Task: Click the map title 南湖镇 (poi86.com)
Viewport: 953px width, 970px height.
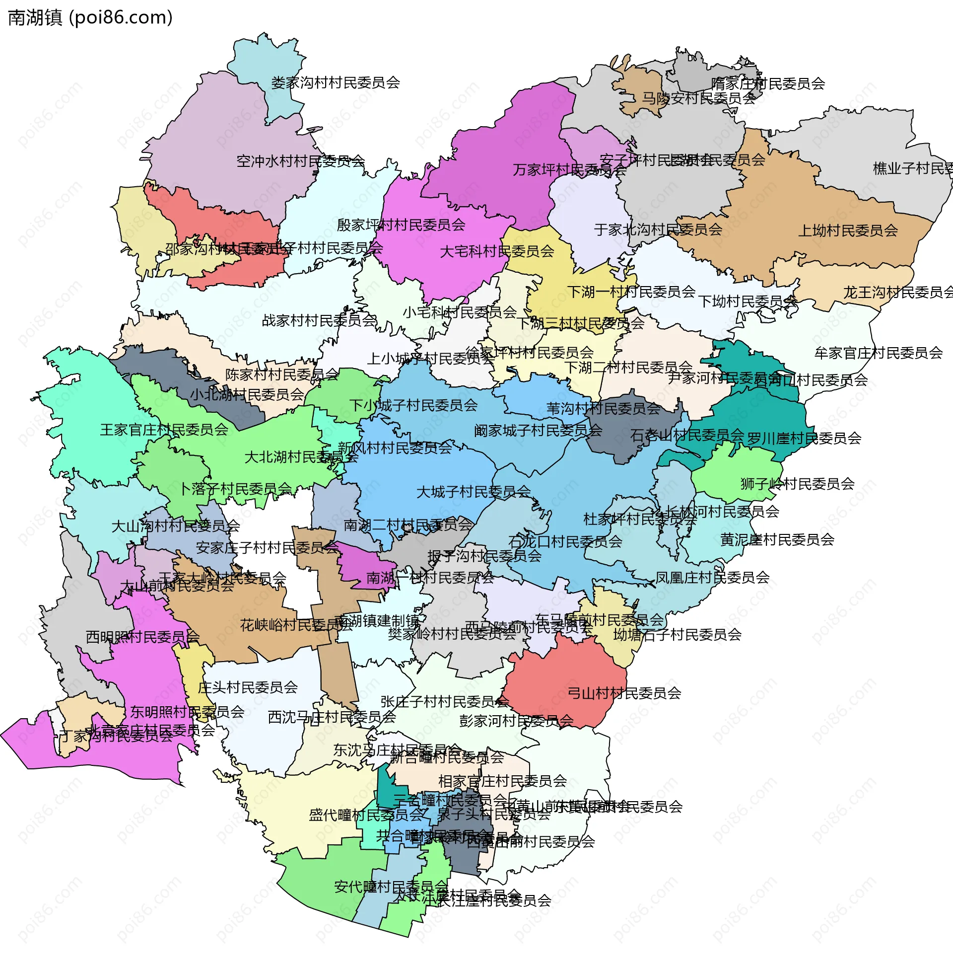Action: click(91, 17)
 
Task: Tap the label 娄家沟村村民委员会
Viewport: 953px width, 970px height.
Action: click(336, 82)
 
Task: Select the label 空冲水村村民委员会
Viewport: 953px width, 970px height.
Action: click(300, 161)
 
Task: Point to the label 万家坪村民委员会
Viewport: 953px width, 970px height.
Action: click(569, 170)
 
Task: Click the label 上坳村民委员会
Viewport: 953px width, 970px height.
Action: click(847, 231)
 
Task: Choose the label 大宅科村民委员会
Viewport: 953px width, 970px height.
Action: click(496, 251)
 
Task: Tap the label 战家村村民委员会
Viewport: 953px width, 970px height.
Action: click(319, 320)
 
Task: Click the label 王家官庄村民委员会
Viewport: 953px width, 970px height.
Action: click(164, 430)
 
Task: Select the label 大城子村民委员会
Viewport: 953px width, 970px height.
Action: click(473, 492)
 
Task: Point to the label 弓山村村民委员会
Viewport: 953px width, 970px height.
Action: click(623, 693)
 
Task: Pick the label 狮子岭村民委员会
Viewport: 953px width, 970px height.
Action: click(797, 484)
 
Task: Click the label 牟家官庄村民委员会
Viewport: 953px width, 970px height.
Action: click(878, 354)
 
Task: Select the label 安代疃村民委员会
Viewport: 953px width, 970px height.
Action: click(391, 887)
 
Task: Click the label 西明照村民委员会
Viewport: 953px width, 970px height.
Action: click(142, 637)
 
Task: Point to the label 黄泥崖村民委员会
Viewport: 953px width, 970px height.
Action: click(777, 540)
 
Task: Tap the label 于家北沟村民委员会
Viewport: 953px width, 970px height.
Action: click(658, 230)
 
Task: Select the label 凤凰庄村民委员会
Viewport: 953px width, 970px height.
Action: click(712, 578)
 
